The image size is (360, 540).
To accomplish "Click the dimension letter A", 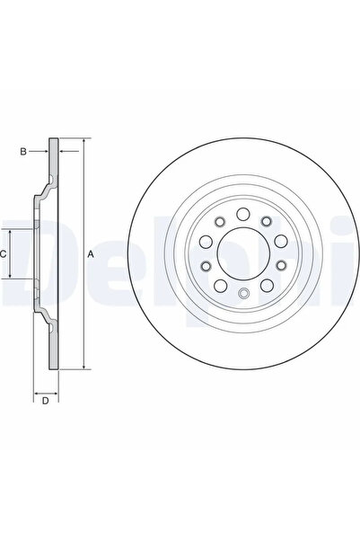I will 92,255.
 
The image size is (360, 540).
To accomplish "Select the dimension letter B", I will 24,151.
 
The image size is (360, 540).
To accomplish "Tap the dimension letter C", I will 5,254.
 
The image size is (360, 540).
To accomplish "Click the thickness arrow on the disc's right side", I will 66,151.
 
